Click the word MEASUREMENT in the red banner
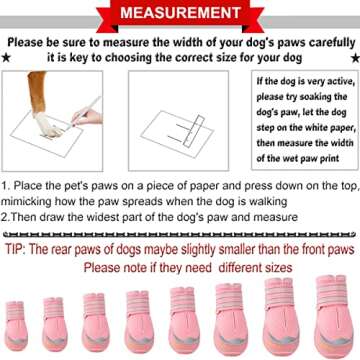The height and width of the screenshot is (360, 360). pyautogui.click(x=180, y=14)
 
